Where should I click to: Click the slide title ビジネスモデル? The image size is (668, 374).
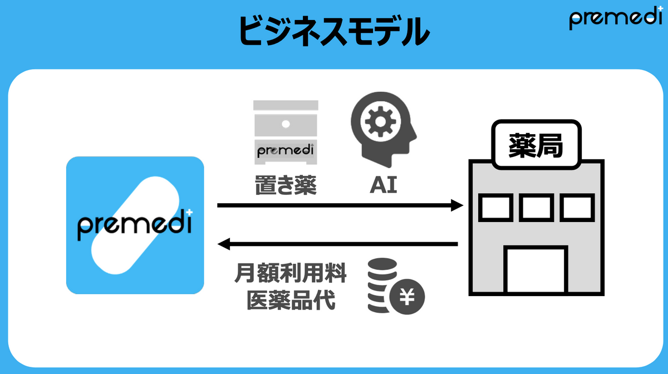(334, 30)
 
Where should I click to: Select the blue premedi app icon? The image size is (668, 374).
(135, 225)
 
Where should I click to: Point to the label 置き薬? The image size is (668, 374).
(286, 185)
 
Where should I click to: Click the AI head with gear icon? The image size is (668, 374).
(383, 131)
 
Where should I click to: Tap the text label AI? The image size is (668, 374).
(384, 185)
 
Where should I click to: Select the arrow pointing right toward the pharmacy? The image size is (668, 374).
(340, 206)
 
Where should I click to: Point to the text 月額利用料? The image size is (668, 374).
(291, 274)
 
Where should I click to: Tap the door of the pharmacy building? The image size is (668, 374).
(536, 270)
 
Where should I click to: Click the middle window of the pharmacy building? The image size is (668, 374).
(536, 207)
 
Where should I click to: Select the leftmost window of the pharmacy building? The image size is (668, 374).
(495, 207)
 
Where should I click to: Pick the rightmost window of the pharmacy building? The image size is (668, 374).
(577, 207)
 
